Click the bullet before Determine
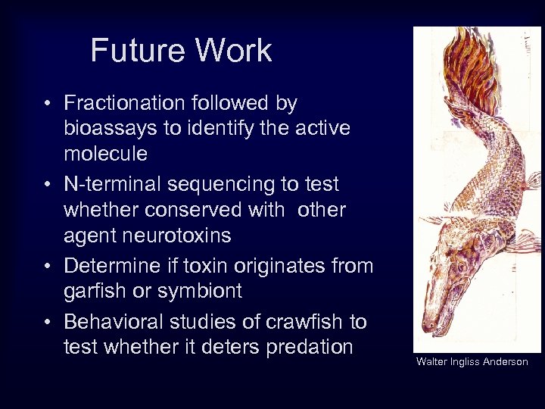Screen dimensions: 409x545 tap(48, 267)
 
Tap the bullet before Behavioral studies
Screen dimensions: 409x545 tap(48, 323)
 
